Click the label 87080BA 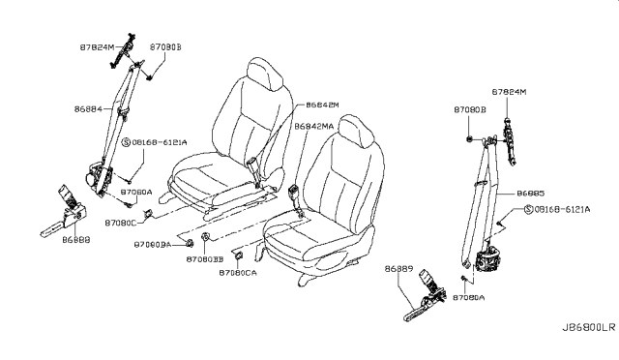(x=153, y=246)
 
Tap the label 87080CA (x=237, y=273)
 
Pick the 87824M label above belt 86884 (x=97, y=46)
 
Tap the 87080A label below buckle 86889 (x=467, y=298)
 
